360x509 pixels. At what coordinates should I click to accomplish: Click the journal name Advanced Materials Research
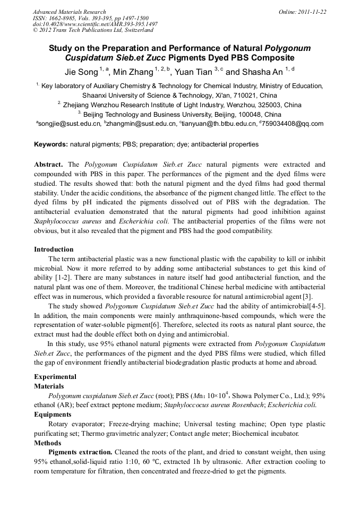click(70, 12)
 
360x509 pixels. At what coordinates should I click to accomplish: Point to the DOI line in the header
click(95, 24)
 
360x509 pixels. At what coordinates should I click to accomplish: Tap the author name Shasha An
click(263, 72)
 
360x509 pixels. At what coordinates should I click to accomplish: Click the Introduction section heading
click(54, 249)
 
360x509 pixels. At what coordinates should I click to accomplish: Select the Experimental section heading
click(55, 377)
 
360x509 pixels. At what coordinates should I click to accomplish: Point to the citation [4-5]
click(316, 307)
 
